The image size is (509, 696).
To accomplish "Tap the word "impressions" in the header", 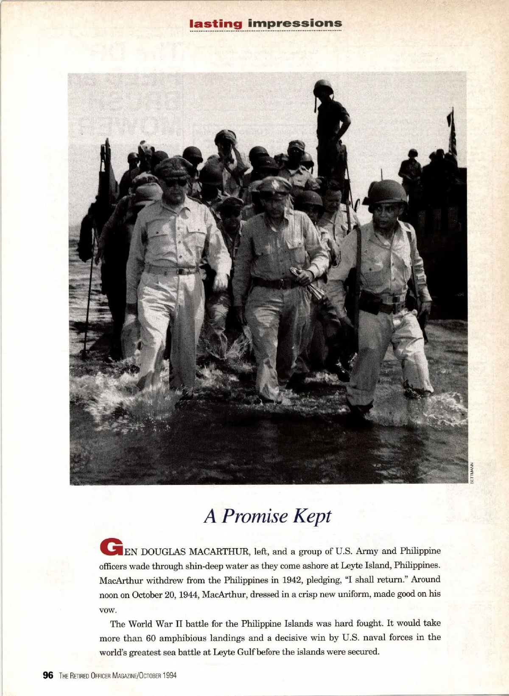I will tap(294, 23).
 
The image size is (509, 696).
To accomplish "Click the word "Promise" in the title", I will tap(255, 516).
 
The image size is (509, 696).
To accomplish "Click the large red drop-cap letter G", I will tap(111, 547).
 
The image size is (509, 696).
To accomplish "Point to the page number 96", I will tap(48, 675).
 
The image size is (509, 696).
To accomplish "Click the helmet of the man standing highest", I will tap(323, 86).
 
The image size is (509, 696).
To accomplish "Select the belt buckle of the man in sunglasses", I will tap(181, 271).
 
